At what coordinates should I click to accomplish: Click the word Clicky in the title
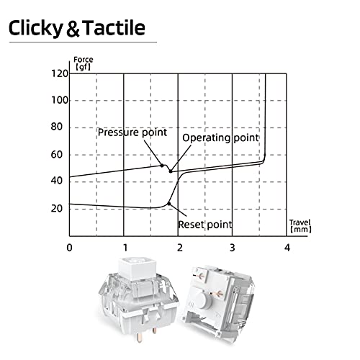[35, 28]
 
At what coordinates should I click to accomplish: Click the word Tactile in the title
[114, 28]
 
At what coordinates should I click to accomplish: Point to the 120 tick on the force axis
[60, 73]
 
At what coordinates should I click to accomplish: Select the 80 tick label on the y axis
[57, 127]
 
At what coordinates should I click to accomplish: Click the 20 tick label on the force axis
[57, 208]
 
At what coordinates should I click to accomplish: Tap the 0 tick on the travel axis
[69, 248]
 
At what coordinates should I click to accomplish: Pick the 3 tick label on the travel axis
[233, 248]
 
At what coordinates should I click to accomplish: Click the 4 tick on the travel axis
[287, 248]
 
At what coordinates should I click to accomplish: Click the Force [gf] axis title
[83, 63]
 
